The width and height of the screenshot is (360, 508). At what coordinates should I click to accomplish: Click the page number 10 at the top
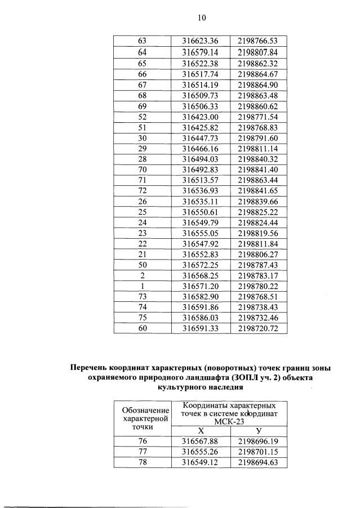tap(202, 17)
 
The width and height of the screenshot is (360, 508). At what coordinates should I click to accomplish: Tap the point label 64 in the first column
tap(142, 52)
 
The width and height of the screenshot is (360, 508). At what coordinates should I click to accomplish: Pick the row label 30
tap(142, 138)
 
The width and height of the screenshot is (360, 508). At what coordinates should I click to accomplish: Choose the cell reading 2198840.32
tap(258, 159)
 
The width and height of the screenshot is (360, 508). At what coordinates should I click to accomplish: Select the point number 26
tap(142, 202)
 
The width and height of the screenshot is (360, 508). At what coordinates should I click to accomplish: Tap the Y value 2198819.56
tap(258, 233)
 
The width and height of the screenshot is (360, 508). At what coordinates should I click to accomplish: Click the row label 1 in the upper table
tap(142, 286)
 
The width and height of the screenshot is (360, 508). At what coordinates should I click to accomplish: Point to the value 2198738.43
tap(258, 308)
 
